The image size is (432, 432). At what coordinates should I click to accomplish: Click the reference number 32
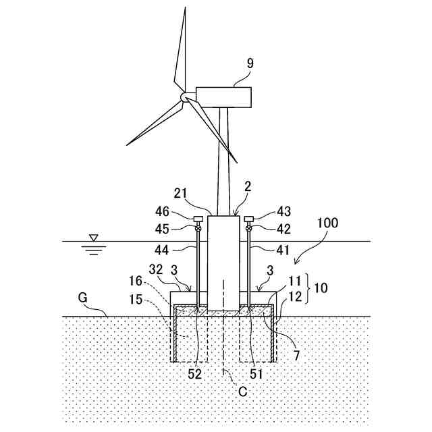156,269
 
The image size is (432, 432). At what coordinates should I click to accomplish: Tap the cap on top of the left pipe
198,219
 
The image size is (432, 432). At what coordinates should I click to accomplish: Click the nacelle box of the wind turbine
223,97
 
